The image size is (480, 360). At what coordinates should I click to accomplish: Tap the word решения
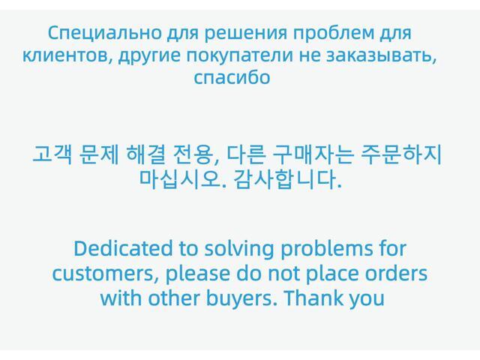[x=239, y=34]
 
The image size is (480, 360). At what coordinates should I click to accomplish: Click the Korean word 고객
[x=48, y=155]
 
